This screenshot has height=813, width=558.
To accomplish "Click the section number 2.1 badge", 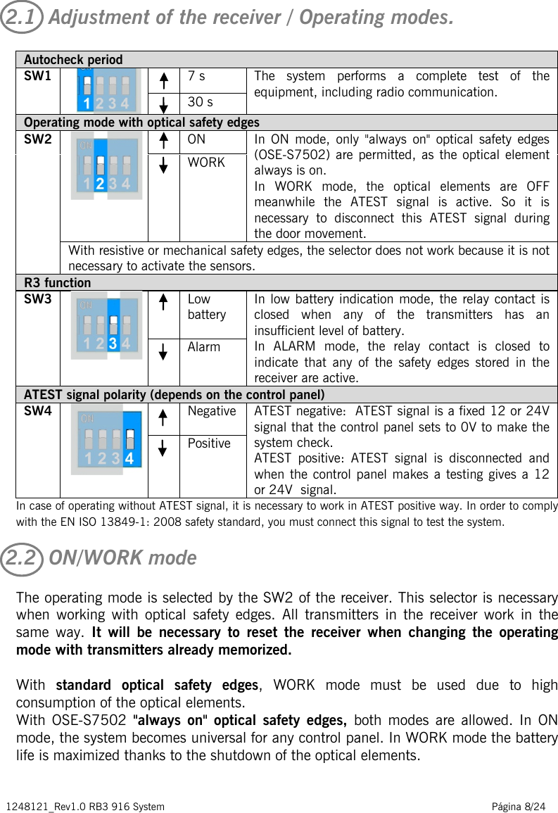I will (x=23, y=18).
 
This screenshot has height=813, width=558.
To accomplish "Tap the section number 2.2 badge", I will (x=23, y=558).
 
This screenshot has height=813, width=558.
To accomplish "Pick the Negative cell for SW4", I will (x=212, y=411).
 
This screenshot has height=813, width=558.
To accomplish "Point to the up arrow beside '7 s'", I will (x=163, y=77).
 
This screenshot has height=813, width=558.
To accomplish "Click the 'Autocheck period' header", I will (x=73, y=60).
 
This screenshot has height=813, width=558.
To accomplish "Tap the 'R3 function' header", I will (x=58, y=283).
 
